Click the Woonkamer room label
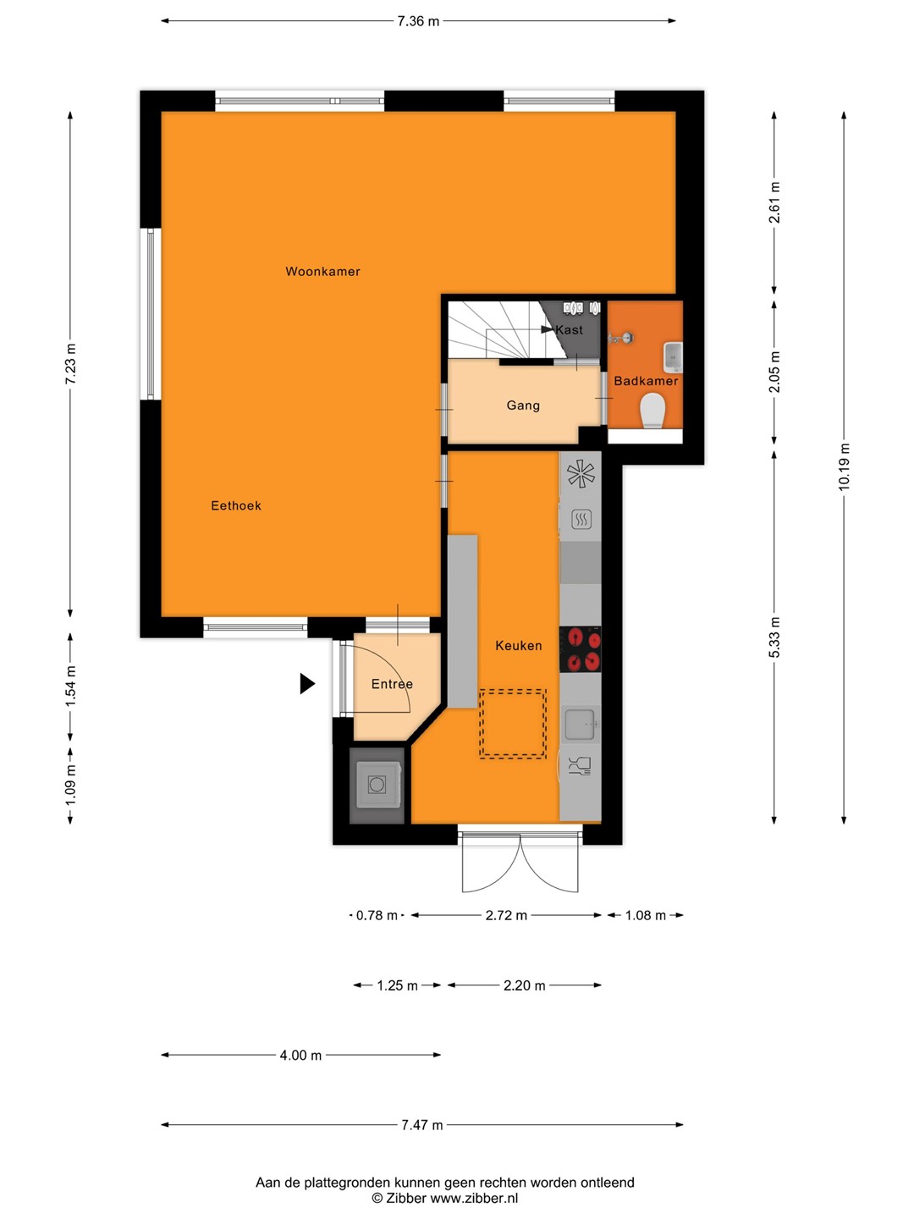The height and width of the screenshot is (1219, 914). (322, 272)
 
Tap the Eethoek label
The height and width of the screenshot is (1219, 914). (236, 506)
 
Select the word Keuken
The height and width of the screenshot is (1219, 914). (518, 645)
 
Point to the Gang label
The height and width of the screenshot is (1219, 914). (523, 405)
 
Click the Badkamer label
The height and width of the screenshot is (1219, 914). (646, 381)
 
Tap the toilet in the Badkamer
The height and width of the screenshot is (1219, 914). (652, 411)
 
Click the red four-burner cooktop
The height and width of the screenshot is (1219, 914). (580, 649)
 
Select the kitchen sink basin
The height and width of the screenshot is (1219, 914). (580, 724)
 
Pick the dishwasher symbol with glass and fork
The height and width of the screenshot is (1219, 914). (580, 766)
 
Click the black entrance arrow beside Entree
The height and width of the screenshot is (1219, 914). (307, 684)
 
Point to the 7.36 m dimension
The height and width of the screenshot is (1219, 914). (418, 21)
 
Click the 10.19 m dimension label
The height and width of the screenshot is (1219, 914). (844, 467)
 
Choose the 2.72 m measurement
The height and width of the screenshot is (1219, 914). (506, 915)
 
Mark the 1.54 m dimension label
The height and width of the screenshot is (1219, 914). (70, 687)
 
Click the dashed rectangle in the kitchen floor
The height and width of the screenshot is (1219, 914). (513, 723)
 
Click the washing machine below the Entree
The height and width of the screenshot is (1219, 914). (377, 785)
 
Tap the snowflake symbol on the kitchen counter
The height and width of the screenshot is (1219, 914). (580, 474)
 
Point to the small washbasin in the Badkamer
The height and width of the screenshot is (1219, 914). (673, 357)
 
